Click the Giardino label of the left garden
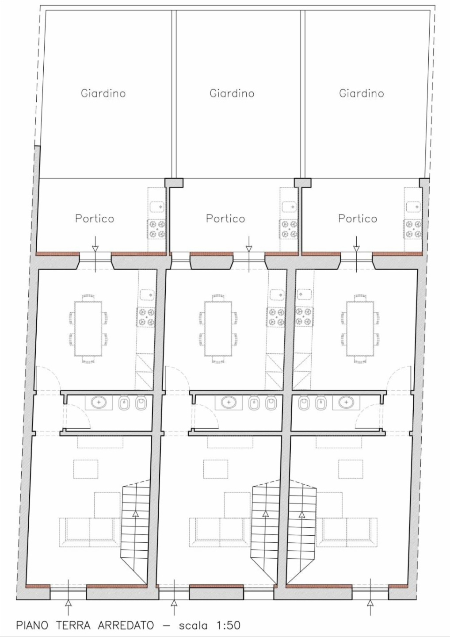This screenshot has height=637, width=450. [103, 93]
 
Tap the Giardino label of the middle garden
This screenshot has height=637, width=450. [232, 93]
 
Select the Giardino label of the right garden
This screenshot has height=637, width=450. [361, 93]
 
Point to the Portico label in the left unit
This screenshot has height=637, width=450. [95, 219]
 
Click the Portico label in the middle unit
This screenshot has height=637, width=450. [225, 219]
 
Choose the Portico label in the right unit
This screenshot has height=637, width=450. [358, 219]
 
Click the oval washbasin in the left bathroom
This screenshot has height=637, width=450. [99, 403]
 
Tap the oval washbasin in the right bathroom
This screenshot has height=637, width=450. [346, 403]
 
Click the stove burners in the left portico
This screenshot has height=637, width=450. [156, 229]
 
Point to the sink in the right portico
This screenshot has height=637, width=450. [413, 207]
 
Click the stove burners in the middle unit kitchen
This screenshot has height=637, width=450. [276, 317]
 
